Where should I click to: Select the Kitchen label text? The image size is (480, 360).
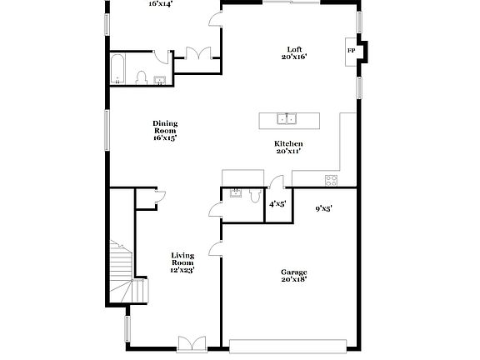coord(288,147)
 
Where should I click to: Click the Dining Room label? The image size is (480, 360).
coord(165,130)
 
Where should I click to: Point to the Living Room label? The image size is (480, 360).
coord(182,262)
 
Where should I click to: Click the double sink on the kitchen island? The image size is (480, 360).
coord(288,119)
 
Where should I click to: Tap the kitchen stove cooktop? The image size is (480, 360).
coord(331,179)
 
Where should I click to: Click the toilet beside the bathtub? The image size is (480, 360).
coord(141,78)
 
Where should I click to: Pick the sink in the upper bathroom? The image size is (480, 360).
coord(160,80)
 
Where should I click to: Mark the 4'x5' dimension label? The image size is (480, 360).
coord(277,203)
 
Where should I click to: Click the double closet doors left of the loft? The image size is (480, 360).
coord(200,52)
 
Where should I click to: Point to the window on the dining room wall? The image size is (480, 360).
coord(106,130)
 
